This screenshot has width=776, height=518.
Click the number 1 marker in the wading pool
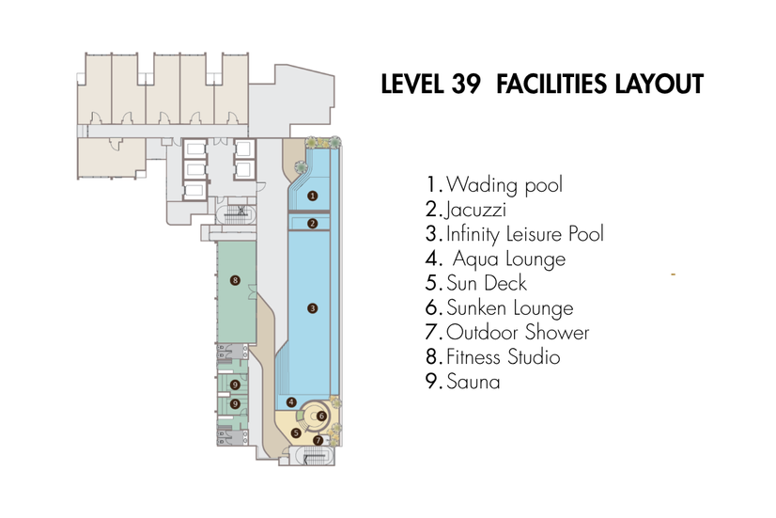pyautogui.click(x=312, y=196)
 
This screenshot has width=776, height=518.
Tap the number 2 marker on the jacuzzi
pyautogui.click(x=312, y=224)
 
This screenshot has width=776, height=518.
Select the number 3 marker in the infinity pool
pyautogui.click(x=312, y=308)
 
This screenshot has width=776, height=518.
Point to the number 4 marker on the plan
pyautogui.click(x=291, y=401)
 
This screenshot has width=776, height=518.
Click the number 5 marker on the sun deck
pyautogui.click(x=296, y=432)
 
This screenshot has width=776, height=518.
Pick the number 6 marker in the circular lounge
pyautogui.click(x=321, y=416)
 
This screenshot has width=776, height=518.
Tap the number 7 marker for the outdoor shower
pyautogui.click(x=318, y=440)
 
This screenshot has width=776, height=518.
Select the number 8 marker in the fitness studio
pyautogui.click(x=235, y=280)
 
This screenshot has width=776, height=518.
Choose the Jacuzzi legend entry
pyautogui.click(x=475, y=210)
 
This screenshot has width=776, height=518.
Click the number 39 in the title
pyautogui.click(x=466, y=85)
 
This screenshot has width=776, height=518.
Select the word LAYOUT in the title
pyautogui.click(x=660, y=85)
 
